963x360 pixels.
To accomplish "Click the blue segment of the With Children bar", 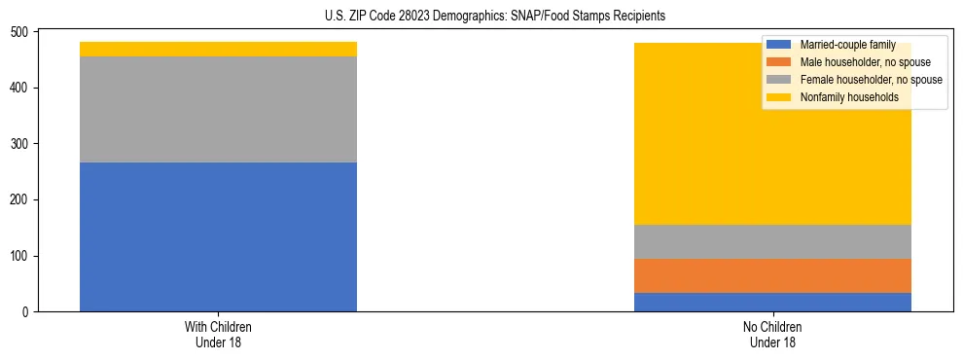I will pyautogui.click(x=218, y=236).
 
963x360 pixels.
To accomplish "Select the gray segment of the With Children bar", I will pyautogui.click(x=218, y=109).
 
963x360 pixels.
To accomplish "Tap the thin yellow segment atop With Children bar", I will pyautogui.click(x=218, y=49).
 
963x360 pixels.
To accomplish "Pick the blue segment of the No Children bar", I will pyautogui.click(x=772, y=302).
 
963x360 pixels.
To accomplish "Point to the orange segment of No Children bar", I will pyautogui.click(x=772, y=275).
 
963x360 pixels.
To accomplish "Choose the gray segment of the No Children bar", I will pyautogui.click(x=772, y=241).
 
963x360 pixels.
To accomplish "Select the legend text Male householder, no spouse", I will pyautogui.click(x=857, y=62).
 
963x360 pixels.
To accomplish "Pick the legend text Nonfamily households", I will pyautogui.click(x=843, y=97).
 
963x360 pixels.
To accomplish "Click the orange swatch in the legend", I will pyautogui.click(x=779, y=62).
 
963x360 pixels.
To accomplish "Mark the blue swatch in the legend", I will pyautogui.click(x=779, y=45).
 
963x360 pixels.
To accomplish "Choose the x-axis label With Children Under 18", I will pyautogui.click(x=218, y=334).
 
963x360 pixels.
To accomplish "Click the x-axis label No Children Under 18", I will pyautogui.click(x=772, y=334).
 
